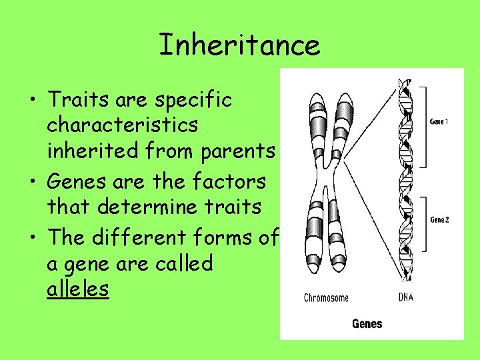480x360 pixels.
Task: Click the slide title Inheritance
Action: pyautogui.click(x=239, y=45)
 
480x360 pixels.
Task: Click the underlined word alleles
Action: pyautogui.click(x=77, y=289)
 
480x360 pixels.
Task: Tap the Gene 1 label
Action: pyautogui.click(x=439, y=122)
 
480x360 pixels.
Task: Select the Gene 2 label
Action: pyautogui.click(x=439, y=219)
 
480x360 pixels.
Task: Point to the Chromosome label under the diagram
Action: pyautogui.click(x=326, y=297)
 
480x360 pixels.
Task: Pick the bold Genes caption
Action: pyautogui.click(x=367, y=324)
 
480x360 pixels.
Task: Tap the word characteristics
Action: pyautogui.click(x=122, y=125)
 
